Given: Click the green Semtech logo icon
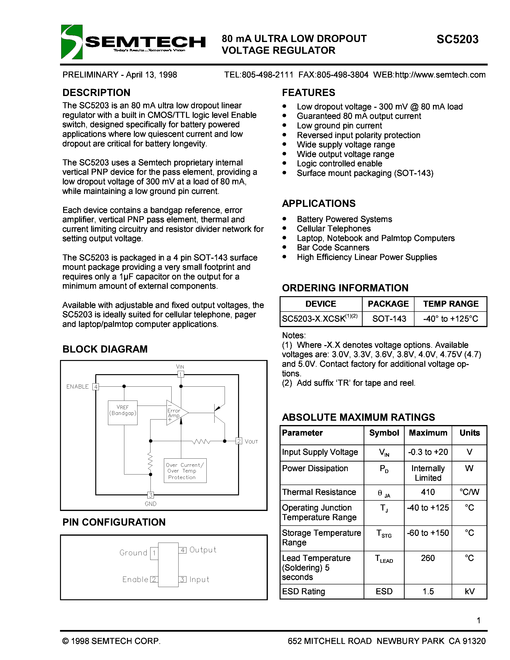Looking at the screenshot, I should pyautogui.click(x=72, y=42).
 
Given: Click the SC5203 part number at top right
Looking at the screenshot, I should pyautogui.click(x=457, y=39).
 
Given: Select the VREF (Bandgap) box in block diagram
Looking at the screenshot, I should pyautogui.click(x=122, y=413).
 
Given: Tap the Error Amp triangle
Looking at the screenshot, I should pyautogui.click(x=176, y=413).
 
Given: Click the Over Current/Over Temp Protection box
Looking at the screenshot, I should pyautogui.click(x=185, y=471).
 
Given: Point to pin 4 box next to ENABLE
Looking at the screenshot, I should pyautogui.click(x=96, y=386).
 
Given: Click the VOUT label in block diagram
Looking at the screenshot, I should pyautogui.click(x=251, y=442).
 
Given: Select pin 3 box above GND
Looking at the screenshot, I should pyautogui.click(x=150, y=495).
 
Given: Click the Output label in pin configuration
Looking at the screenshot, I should pyautogui.click(x=203, y=550).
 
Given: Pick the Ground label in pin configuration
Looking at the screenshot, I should pyautogui.click(x=133, y=553).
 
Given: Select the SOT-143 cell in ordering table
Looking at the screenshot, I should pyautogui.click(x=389, y=318).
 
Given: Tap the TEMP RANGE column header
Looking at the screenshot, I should pyautogui.click(x=450, y=304).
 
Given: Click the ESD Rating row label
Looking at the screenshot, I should pyautogui.click(x=303, y=591).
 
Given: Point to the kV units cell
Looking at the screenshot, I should pyautogui.click(x=469, y=591).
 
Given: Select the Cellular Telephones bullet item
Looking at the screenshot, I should pyautogui.click(x=334, y=228).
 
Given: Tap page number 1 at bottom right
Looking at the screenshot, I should pyautogui.click(x=478, y=620).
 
